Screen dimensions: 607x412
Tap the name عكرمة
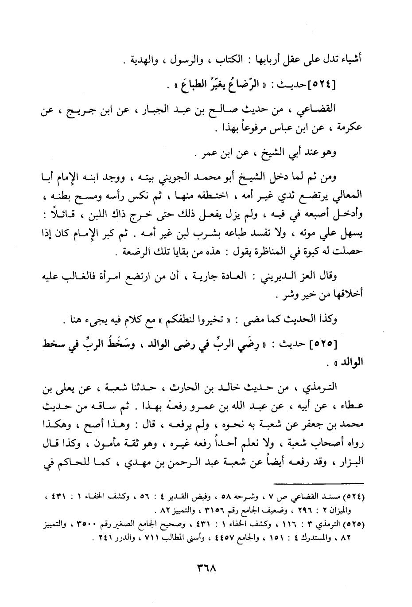(349, 127)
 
